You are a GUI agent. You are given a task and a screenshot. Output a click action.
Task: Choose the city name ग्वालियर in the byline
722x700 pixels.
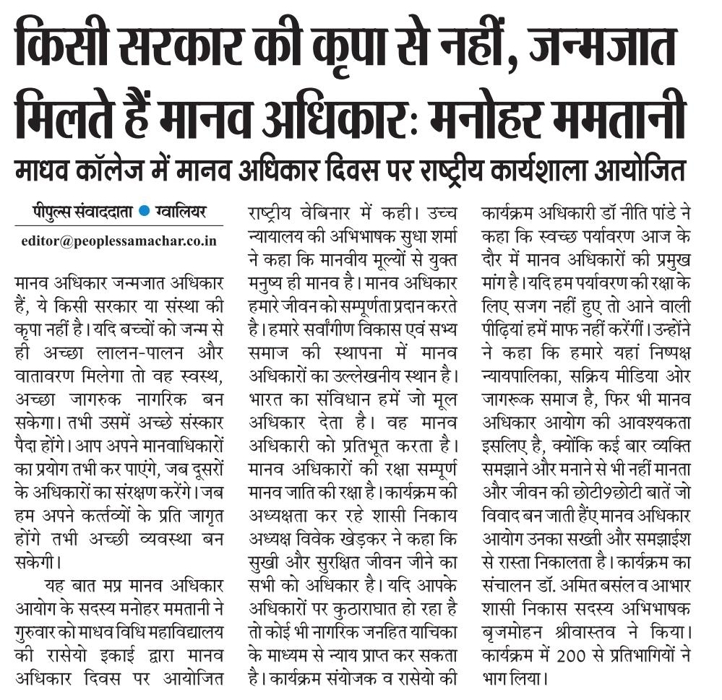[180, 212]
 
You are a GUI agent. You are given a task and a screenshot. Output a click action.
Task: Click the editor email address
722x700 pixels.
[119, 241]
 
